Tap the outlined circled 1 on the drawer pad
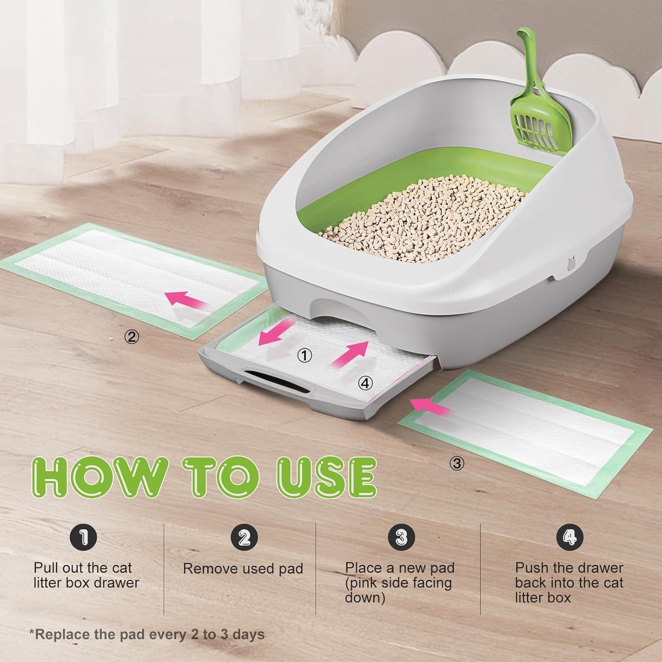(x=305, y=356)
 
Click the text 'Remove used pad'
(x=243, y=569)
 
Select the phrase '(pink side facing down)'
(x=398, y=591)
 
